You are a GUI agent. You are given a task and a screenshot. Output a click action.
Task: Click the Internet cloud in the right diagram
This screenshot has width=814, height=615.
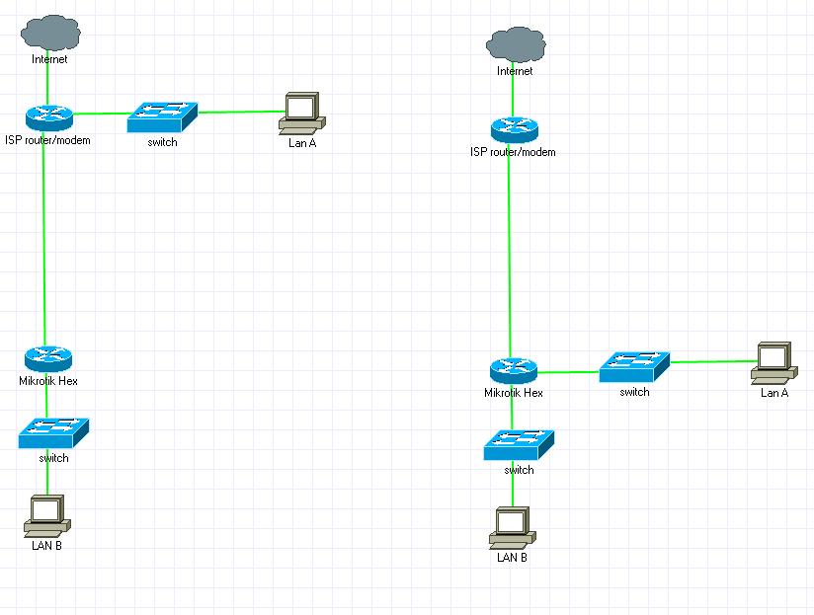[515, 44]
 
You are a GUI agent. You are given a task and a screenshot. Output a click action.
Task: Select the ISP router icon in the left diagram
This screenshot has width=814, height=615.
[48, 117]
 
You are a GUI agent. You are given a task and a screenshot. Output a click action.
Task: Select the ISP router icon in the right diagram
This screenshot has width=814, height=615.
[514, 129]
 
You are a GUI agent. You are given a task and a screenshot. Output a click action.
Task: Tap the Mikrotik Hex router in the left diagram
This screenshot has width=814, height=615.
[47, 359]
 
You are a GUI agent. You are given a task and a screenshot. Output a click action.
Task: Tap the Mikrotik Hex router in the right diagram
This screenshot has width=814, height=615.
[514, 371]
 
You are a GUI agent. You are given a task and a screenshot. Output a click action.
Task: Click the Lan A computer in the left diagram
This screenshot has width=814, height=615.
[300, 113]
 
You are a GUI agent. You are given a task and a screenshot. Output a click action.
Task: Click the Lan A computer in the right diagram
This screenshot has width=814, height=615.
[773, 361]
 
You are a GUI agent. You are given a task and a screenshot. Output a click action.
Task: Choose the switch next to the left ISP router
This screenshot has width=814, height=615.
[162, 117]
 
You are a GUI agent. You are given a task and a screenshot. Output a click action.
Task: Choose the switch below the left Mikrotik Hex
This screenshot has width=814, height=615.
[53, 432]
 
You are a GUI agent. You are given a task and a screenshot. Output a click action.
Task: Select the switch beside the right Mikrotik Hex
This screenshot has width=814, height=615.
[634, 366]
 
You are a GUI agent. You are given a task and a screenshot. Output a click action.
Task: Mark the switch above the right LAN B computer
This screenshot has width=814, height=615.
[519, 444]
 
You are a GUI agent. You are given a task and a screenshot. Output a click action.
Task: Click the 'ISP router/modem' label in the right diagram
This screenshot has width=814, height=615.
[513, 152]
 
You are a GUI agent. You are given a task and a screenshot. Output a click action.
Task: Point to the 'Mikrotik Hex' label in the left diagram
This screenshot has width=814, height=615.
[48, 381]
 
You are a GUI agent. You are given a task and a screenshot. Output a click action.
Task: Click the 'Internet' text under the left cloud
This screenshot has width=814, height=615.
[49, 59]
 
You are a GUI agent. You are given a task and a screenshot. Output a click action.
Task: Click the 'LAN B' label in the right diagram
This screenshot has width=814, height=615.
[511, 557]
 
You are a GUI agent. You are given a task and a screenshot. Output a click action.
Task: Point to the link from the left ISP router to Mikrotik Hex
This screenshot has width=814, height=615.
[44, 237]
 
